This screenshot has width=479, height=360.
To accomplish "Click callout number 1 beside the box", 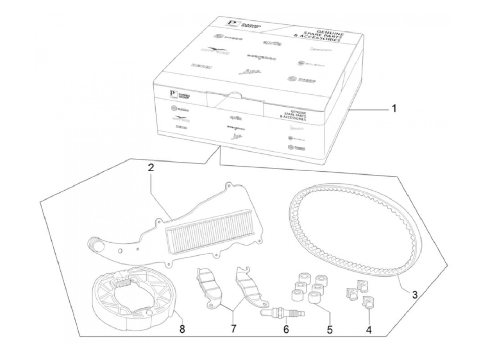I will pyautogui.click(x=394, y=109).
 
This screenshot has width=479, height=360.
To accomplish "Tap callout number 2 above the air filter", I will pyautogui.click(x=151, y=168).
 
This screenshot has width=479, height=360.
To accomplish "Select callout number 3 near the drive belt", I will pyautogui.click(x=415, y=294).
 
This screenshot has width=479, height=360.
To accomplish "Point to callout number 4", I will pyautogui.click(x=368, y=330).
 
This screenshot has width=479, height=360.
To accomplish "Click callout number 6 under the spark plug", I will pyautogui.click(x=286, y=329).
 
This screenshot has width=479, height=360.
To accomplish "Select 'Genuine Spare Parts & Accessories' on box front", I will pyautogui.click(x=293, y=115).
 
